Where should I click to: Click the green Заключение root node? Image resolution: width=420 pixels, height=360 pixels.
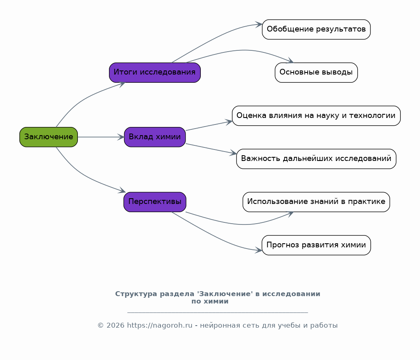click(x=48, y=137)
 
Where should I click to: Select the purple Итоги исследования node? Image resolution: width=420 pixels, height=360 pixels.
click(x=155, y=72)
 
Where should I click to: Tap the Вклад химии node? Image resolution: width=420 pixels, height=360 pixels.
click(x=155, y=137)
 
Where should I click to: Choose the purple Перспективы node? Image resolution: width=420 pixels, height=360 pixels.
click(x=155, y=202)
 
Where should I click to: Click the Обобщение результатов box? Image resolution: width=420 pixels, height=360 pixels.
click(x=316, y=29)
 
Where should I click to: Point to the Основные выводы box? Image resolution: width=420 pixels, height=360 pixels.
click(x=316, y=72)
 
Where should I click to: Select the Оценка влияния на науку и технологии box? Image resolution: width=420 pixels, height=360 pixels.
click(x=316, y=115)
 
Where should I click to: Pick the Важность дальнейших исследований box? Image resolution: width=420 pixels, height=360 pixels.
click(x=316, y=159)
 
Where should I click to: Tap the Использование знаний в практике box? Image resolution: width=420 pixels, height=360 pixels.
click(x=316, y=202)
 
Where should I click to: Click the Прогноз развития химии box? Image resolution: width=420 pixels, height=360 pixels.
click(x=316, y=245)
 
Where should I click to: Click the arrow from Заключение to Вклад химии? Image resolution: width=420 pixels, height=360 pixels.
click(x=101, y=137)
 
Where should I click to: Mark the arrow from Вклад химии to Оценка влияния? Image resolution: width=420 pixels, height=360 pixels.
click(x=209, y=126)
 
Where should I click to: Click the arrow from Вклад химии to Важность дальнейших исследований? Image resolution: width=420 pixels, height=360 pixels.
click(x=211, y=149)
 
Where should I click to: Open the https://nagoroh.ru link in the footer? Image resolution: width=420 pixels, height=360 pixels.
click(x=160, y=326)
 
